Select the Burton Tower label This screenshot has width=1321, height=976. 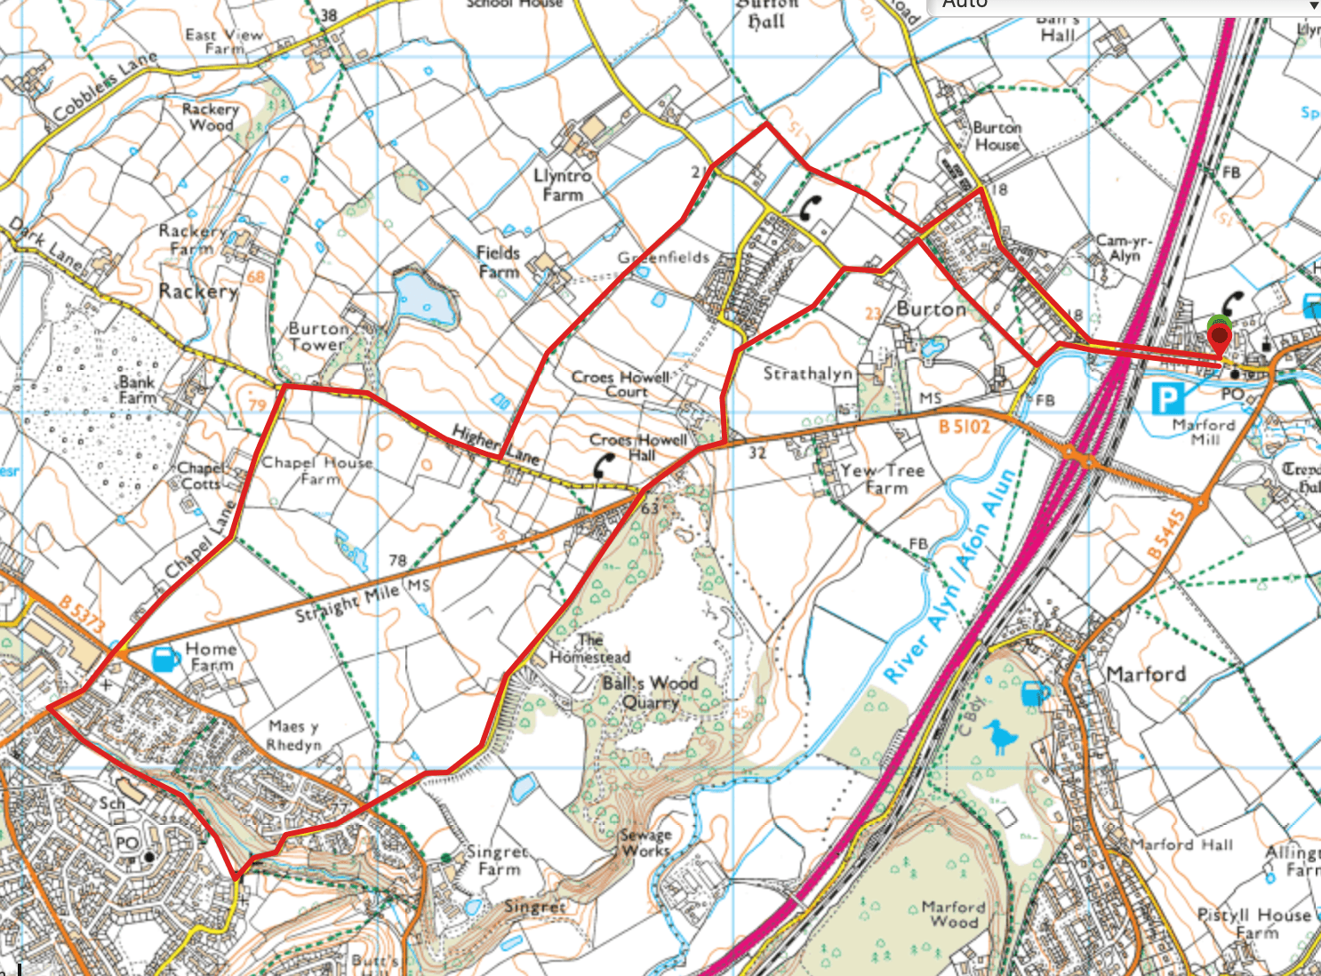click(x=317, y=336)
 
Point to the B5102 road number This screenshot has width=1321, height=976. click(x=964, y=427)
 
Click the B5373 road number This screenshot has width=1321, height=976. click(x=83, y=614)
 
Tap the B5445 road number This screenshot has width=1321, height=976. click(x=1166, y=534)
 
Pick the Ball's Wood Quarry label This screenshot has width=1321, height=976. click(x=650, y=692)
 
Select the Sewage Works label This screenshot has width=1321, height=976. click(x=646, y=843)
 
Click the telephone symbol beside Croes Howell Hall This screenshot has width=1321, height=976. click(x=604, y=465)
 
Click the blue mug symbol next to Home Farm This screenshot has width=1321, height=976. click(x=165, y=659)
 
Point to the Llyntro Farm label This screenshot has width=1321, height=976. click(x=562, y=185)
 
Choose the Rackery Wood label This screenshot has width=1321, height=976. click(x=210, y=116)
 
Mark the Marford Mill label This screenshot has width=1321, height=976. click(x=1204, y=432)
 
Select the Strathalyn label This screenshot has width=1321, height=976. click(x=807, y=373)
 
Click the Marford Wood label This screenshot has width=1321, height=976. click(x=953, y=914)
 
